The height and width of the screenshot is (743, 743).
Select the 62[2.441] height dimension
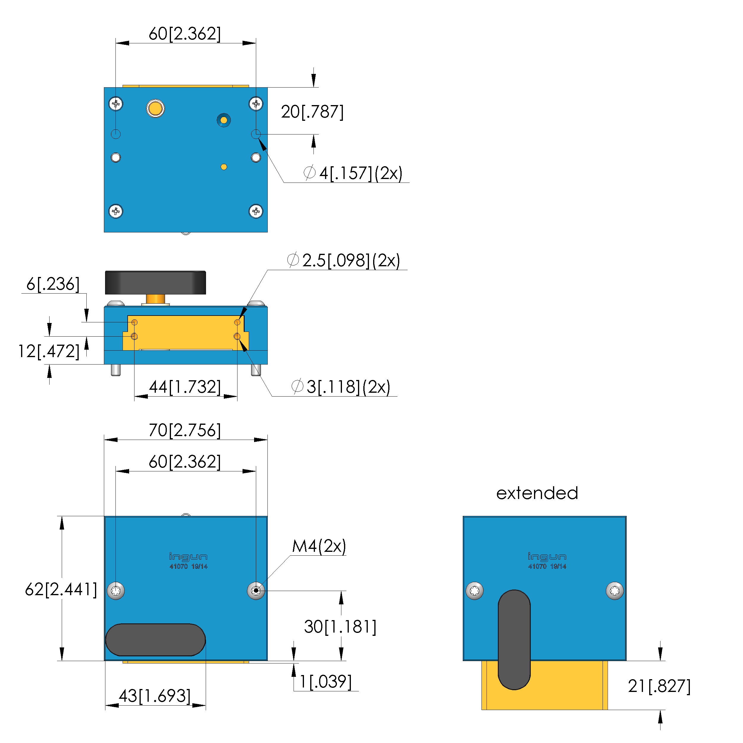coord(61,590)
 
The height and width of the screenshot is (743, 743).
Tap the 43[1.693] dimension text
coord(155,696)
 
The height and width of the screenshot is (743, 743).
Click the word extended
coord(537,493)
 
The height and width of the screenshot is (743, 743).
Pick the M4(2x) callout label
coord(319,546)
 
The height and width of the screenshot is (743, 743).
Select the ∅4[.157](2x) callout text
coord(353,173)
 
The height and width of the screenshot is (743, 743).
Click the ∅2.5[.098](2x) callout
coord(344,260)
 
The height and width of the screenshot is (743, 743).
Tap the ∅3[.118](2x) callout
coord(341,387)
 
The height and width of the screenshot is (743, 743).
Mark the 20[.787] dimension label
coord(312,112)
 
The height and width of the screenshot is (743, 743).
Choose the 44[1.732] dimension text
coord(185,387)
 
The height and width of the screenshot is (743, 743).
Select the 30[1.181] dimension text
coord(340,627)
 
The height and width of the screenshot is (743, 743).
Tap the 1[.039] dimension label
coord(325,682)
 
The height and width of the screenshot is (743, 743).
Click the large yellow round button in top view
coord(155,108)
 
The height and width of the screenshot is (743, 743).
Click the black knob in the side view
coord(155,283)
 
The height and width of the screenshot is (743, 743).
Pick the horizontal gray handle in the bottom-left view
coord(155,640)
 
